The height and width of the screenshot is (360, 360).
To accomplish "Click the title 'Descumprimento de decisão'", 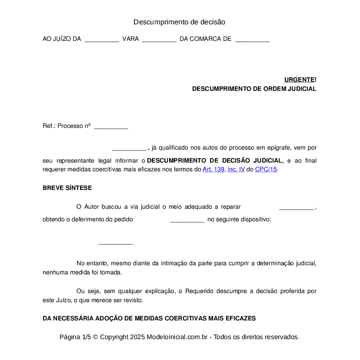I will click(179, 22).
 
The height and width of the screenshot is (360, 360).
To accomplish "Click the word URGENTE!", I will click(300, 80).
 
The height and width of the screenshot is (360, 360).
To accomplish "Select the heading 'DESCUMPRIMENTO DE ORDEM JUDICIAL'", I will click(254, 89).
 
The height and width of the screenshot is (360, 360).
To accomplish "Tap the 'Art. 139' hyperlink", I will click(213, 170).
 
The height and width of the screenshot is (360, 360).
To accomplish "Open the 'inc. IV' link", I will click(236, 170).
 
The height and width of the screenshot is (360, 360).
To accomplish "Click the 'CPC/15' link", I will click(266, 170).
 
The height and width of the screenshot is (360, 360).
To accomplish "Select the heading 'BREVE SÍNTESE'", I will click(67, 188).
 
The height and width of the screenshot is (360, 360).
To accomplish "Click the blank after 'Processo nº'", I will click(111, 127).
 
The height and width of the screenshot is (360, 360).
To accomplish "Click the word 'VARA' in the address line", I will click(130, 39).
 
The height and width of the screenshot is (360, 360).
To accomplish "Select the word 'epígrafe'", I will click(281, 147).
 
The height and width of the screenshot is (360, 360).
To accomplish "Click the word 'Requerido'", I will click(201, 291).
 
